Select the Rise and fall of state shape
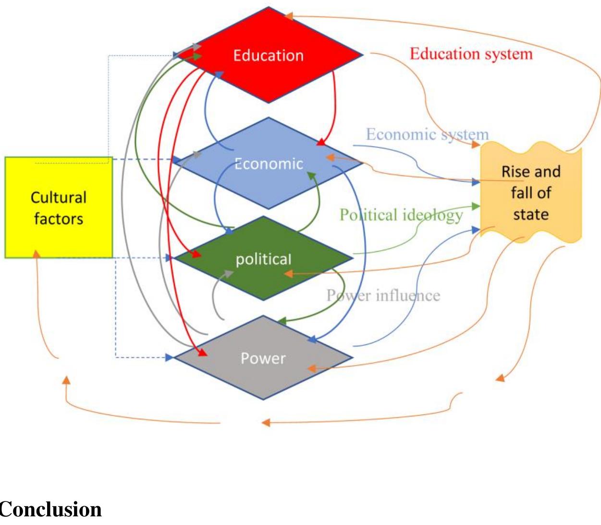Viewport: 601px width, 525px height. pos(531,193)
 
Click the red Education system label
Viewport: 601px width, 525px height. pos(471,54)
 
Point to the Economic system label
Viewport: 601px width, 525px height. pos(427,134)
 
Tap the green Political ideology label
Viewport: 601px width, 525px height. pos(401,215)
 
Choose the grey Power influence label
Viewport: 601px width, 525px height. pos(383,295)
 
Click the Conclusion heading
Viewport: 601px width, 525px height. pos(50,509)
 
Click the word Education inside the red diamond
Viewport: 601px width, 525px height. pos(268,56)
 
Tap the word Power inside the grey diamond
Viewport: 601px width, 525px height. pos(263,358)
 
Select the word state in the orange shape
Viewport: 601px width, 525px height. pos(530,214)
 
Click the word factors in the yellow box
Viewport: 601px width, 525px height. pos(59,219)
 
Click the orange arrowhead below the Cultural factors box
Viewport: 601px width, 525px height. pos(36,254)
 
